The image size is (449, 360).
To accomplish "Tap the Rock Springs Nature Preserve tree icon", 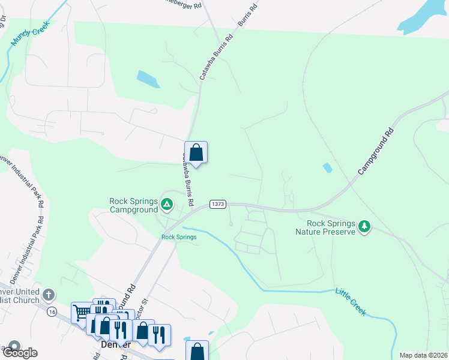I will click(x=364, y=227).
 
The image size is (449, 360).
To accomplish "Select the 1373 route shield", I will click(x=218, y=205).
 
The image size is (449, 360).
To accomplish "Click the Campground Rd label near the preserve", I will click(x=376, y=151).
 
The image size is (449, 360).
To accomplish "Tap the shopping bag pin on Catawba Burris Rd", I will click(x=196, y=153).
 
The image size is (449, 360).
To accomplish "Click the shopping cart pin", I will click(x=80, y=312).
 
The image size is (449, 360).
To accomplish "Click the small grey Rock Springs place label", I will click(x=179, y=237).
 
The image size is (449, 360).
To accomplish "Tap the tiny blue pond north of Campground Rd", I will click(x=327, y=168).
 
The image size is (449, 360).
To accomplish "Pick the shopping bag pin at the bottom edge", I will click(x=197, y=351).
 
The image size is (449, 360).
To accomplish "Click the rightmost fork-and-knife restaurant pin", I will click(x=160, y=335).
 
